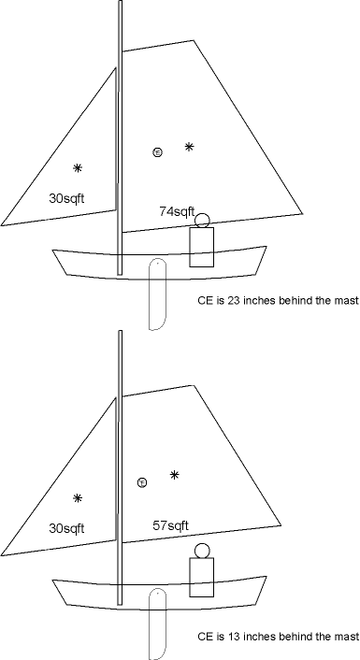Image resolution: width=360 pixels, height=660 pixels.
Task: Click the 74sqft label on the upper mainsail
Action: point(177,211)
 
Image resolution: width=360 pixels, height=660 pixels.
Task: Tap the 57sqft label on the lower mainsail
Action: point(170,525)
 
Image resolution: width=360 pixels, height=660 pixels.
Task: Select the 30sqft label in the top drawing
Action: point(66,198)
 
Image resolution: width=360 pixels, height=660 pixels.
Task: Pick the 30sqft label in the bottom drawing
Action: point(66,528)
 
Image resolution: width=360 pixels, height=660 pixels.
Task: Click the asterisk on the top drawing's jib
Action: point(78,168)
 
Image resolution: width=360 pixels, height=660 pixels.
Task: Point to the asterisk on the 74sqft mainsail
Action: point(190,147)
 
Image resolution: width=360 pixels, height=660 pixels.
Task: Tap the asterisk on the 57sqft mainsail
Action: point(175,475)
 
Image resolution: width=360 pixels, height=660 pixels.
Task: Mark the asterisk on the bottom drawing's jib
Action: point(78,498)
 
